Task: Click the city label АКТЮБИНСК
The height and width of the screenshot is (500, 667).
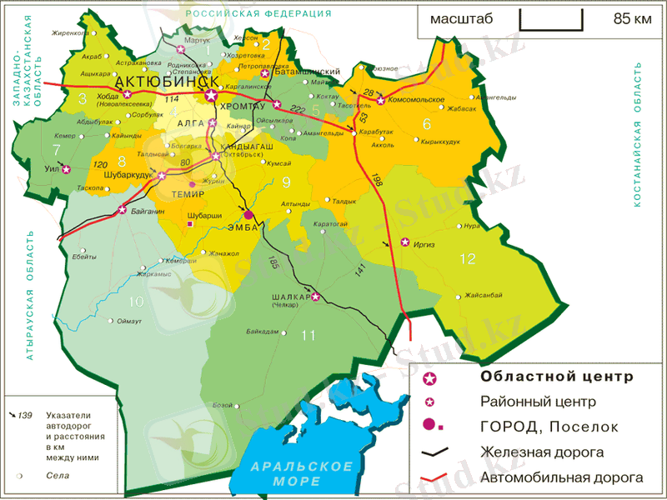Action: tap(167, 82)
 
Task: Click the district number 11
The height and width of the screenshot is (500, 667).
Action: tap(308, 335)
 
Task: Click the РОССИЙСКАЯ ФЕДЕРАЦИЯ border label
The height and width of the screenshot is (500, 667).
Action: tap(258, 14)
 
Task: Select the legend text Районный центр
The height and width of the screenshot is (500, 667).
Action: tap(538, 402)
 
